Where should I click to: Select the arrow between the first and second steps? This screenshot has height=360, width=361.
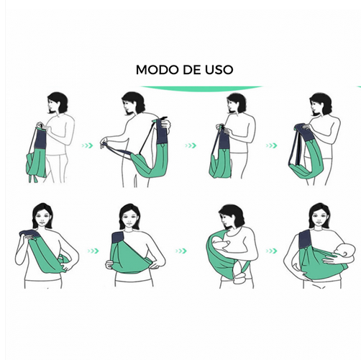[x=87, y=145]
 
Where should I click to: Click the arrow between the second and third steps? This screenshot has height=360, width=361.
[x=191, y=145]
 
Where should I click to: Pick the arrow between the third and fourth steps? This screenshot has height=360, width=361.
[x=272, y=145]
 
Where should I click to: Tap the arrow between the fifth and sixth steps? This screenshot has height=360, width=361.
[x=93, y=251]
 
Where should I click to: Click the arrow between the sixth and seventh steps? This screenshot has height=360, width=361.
[x=181, y=251]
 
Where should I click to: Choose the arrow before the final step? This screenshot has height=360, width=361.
[x=272, y=251]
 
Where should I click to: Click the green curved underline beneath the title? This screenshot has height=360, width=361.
[x=201, y=89]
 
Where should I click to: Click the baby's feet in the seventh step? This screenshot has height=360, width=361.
[x=239, y=276]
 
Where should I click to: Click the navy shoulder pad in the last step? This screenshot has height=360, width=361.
[x=305, y=240]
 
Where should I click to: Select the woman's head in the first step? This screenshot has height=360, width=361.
[x=58, y=103]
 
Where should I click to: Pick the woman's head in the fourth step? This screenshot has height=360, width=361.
[x=320, y=104]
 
